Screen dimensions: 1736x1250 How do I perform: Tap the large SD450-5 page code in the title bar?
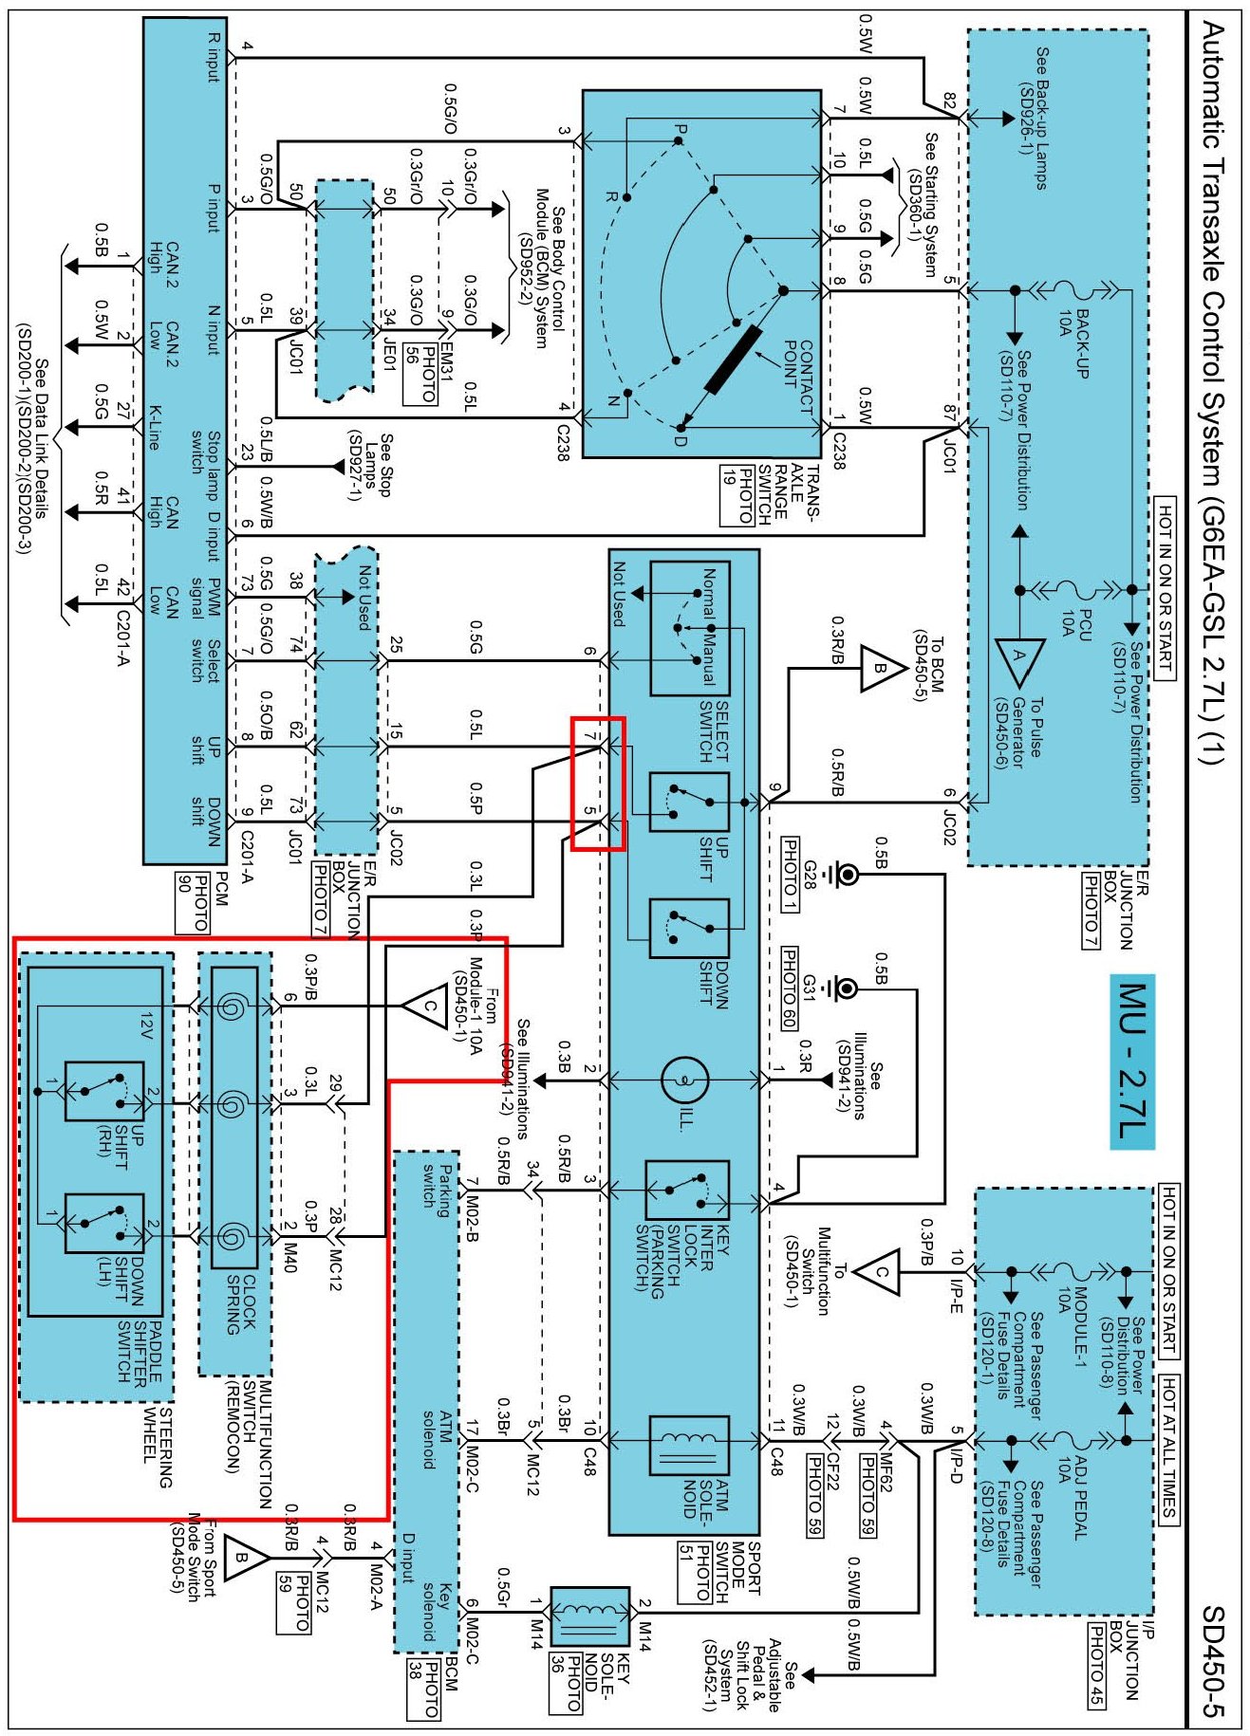[1215, 1660]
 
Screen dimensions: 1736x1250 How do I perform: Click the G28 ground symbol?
[845, 874]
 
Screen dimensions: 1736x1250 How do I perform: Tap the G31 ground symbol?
[845, 989]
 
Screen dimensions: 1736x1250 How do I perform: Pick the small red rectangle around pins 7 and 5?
[598, 784]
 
